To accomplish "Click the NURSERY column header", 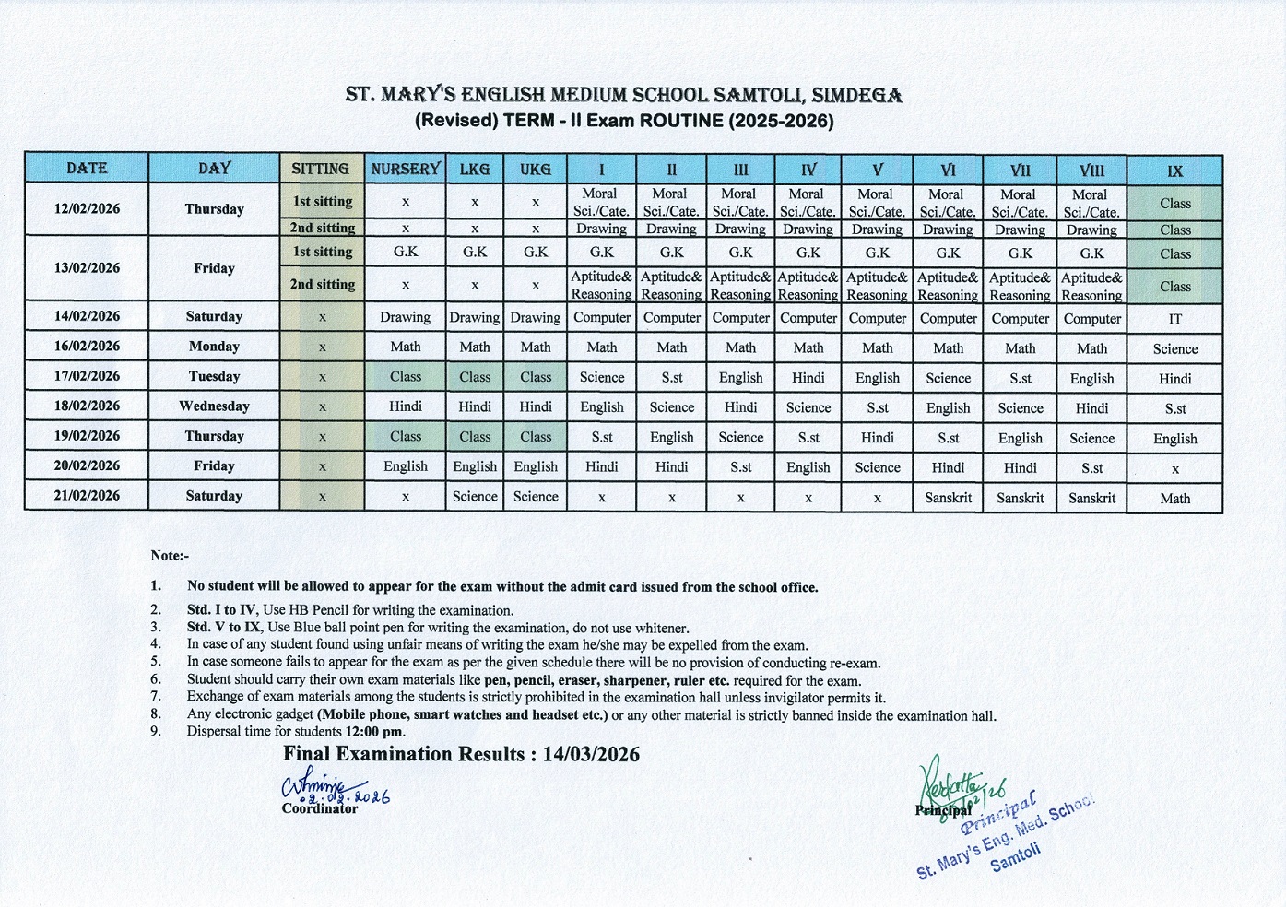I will [x=406, y=169].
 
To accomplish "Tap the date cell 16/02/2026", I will [x=87, y=347].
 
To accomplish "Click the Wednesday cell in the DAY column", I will [x=214, y=406].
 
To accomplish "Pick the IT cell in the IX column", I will [x=1174, y=319].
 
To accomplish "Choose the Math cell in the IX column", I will [x=1174, y=499].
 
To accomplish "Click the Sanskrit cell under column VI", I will [x=948, y=498].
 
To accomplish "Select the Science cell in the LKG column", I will [x=475, y=497].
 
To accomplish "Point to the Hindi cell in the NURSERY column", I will [x=406, y=406].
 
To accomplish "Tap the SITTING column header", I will [x=321, y=169].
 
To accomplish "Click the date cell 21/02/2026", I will [x=87, y=496].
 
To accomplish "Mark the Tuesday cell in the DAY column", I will [x=214, y=376].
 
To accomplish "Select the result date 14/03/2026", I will [x=591, y=755].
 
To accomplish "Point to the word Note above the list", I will [x=167, y=556].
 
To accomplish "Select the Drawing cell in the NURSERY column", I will [x=406, y=317].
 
